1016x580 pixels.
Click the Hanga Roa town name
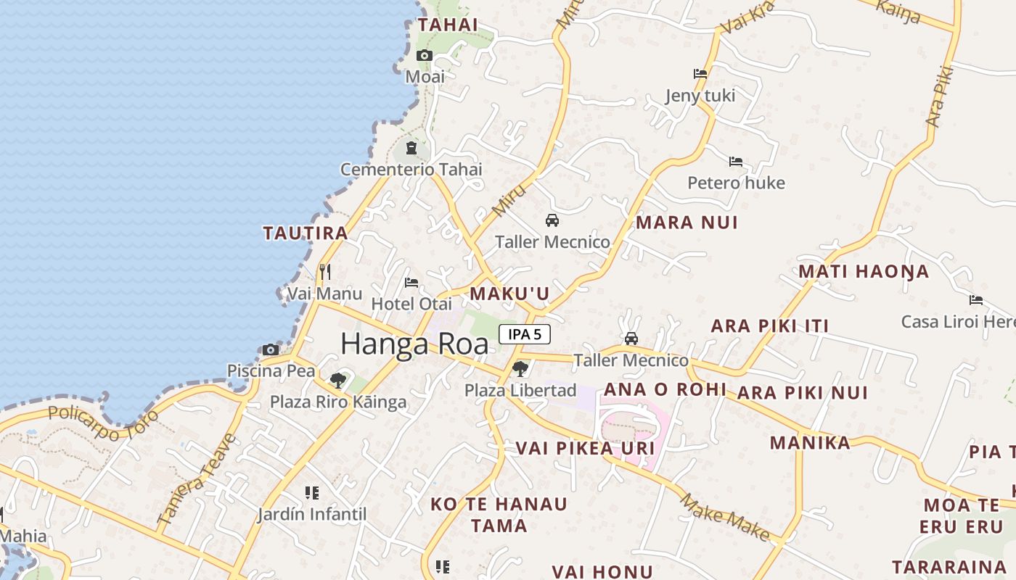click(x=414, y=344)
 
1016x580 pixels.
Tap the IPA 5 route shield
click(x=525, y=334)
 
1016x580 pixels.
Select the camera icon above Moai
click(x=425, y=56)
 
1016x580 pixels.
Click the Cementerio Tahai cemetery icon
click(x=411, y=149)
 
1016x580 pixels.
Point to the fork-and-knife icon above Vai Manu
click(x=325, y=272)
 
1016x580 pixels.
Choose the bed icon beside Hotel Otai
click(x=411, y=283)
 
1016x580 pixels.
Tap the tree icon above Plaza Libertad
click(x=520, y=369)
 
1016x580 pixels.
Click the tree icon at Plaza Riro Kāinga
click(x=337, y=380)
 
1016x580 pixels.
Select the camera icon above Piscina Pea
click(x=271, y=350)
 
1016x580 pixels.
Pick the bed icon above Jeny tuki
click(x=700, y=74)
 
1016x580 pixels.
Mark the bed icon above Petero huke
click(x=736, y=162)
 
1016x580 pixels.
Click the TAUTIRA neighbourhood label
click(x=306, y=233)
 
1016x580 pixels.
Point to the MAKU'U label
click(x=509, y=294)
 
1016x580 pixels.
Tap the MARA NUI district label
click(x=687, y=223)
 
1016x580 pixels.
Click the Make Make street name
click(x=725, y=516)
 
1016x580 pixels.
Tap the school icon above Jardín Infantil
click(x=312, y=494)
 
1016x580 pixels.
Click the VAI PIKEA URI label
click(x=585, y=448)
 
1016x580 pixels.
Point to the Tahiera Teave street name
click(x=197, y=479)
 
